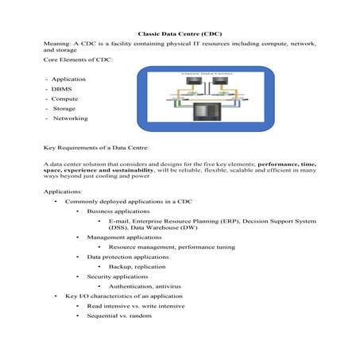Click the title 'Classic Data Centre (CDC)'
(180, 35)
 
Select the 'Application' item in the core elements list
(69, 79)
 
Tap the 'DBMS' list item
(63, 89)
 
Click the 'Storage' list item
(65, 108)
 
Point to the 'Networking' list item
(71, 118)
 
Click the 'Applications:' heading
(64, 192)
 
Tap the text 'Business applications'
(118, 212)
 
